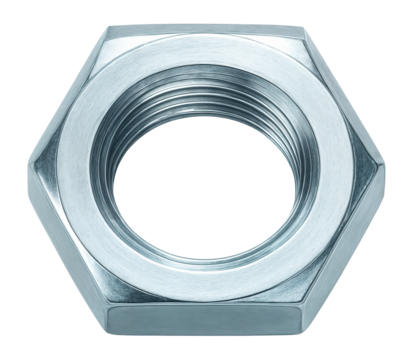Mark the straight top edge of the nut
pyautogui.click(x=206, y=27)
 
